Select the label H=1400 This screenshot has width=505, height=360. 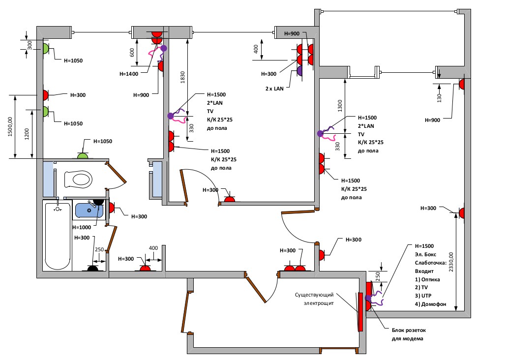[129, 74]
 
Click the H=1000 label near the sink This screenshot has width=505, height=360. [82, 228]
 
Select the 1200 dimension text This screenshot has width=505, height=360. [27, 133]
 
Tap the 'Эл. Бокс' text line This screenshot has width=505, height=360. [426, 254]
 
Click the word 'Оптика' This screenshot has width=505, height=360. [431, 279]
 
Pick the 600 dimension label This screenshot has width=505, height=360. [132, 52]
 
